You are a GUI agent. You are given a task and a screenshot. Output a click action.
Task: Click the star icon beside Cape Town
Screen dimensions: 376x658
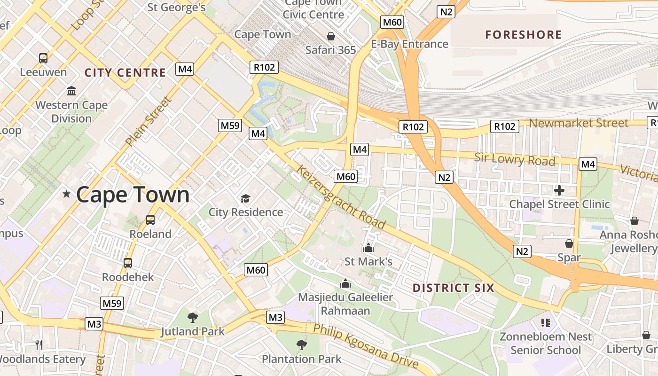[66, 194]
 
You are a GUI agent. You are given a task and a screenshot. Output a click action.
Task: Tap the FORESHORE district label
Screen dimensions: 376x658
[523, 35]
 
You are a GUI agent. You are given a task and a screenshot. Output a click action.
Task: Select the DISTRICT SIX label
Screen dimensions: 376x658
[453, 288]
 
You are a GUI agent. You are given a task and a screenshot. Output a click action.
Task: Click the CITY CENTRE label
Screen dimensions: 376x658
[125, 72]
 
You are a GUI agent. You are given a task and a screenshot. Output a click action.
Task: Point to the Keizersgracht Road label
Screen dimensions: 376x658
[341, 199]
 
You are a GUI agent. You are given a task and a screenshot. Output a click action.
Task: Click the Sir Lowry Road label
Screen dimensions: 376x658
[514, 159]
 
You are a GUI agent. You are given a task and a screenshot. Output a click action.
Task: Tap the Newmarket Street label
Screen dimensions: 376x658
[579, 123]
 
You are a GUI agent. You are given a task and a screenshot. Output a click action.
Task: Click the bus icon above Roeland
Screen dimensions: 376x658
[150, 219]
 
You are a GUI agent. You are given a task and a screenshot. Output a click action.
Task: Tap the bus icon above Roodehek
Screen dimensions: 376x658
[128, 263]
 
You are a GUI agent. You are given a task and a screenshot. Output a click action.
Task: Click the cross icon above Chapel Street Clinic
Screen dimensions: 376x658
[559, 190]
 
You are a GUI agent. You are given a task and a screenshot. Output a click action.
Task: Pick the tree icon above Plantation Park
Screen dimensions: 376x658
[302, 345]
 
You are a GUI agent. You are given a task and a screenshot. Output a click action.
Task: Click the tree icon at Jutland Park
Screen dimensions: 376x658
[192, 318]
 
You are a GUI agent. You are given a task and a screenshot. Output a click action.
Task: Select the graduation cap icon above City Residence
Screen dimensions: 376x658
[245, 198]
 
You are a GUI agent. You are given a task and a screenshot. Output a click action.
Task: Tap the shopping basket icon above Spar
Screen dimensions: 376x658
[569, 243]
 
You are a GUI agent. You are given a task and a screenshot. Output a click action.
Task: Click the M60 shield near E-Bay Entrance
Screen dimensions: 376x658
[392, 22]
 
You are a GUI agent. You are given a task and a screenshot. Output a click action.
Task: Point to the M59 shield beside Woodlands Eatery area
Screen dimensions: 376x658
[112, 303]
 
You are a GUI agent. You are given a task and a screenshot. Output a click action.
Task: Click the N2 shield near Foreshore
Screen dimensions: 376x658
[446, 12]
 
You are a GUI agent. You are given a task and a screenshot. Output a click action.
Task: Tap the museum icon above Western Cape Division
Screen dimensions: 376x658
[71, 91]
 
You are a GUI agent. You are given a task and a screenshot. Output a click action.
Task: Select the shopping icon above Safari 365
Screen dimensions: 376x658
[331, 36]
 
